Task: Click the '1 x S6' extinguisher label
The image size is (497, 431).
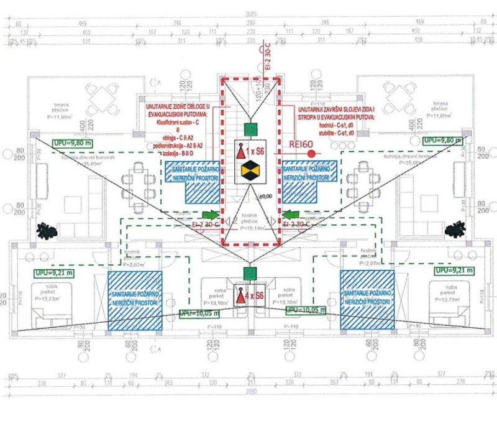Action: [253, 151]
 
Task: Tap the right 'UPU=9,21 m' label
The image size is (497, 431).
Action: [454, 271]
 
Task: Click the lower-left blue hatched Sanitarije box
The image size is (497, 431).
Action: [135, 300]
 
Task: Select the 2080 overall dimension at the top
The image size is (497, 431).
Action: [250, 14]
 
